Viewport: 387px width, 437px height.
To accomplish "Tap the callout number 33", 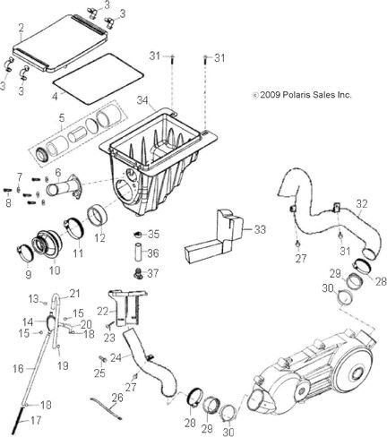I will (x=261, y=229).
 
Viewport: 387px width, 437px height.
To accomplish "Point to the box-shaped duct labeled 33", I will (x=216, y=234).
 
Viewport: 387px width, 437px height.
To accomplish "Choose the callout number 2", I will (x=21, y=28).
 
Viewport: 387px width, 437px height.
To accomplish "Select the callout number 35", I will (x=153, y=235).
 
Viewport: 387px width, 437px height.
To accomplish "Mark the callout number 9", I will (x=28, y=274).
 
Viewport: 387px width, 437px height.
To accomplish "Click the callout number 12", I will (x=100, y=238).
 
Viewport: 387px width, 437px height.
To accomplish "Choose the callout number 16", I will (x=18, y=368).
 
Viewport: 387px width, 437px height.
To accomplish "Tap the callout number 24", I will (x=116, y=357).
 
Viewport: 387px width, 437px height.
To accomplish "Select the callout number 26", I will (x=116, y=398).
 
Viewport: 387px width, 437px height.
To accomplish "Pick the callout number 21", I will (x=74, y=294).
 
